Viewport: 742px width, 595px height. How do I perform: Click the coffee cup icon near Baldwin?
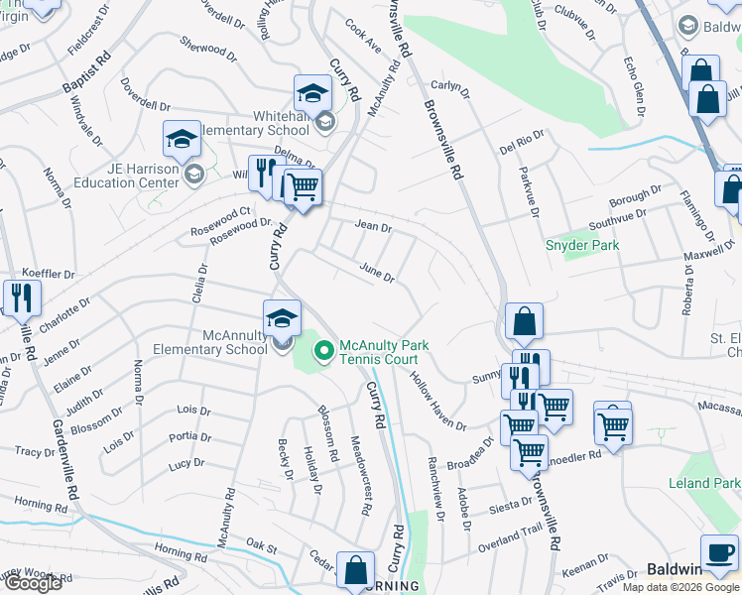(719, 552)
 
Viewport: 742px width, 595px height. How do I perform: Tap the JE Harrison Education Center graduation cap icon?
(183, 142)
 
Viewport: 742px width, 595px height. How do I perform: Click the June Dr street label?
(377, 272)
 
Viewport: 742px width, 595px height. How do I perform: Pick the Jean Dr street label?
(373, 226)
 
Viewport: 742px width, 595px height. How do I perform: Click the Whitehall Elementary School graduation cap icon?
(313, 95)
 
